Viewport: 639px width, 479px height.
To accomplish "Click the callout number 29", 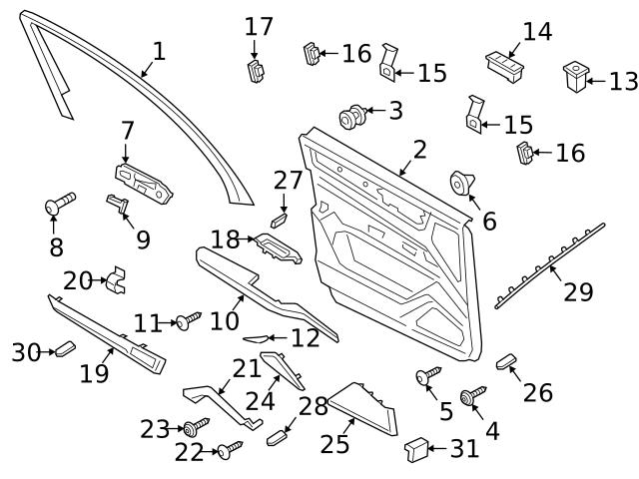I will point(578,291).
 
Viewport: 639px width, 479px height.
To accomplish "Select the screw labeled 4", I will point(471,396).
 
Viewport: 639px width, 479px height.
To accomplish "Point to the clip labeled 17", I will point(256,69).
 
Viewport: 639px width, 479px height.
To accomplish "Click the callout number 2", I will point(419,151).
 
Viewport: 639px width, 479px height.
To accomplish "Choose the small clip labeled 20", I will point(118,280).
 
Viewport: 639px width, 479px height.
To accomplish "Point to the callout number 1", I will point(159,51).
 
